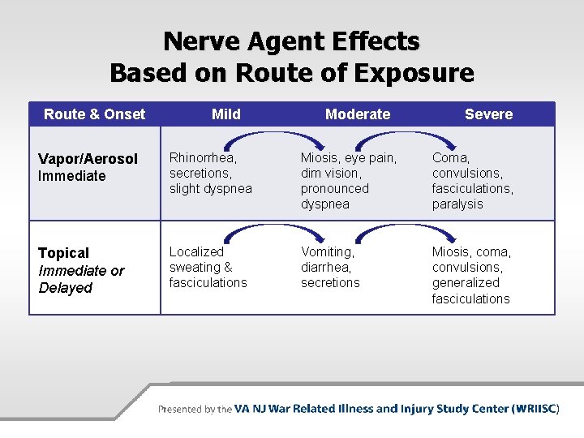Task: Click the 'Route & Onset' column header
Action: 94,114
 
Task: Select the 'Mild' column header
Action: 225,114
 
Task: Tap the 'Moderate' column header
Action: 357,114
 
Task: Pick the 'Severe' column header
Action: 488,114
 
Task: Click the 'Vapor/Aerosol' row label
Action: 88,159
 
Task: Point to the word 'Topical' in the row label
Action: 64,253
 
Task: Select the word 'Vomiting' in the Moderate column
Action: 328,251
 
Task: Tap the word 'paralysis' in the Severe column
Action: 457,204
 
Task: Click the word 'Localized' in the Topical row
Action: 196,251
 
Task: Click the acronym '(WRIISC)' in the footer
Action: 536,409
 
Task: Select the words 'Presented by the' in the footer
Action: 195,410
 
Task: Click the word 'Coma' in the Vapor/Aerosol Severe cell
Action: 450,158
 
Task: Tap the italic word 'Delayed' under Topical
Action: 66,288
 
